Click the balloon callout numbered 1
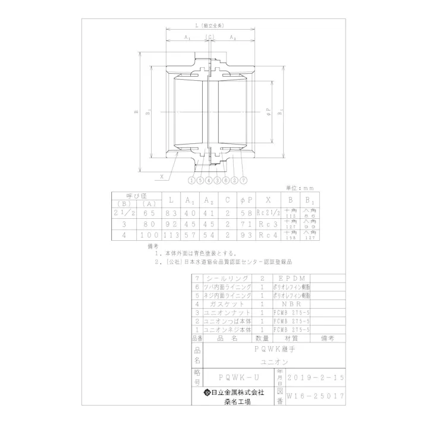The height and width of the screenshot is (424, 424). click(x=191, y=179)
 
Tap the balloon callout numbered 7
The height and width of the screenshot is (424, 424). click(x=243, y=179)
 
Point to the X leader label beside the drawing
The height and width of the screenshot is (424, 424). click(x=161, y=176)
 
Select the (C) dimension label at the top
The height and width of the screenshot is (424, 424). click(x=210, y=37)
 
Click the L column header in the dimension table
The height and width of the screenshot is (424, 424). click(x=171, y=200)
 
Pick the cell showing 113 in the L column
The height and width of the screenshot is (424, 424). click(x=171, y=235)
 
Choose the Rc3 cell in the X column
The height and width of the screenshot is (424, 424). click(x=268, y=224)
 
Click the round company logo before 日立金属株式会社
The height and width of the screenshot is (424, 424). click(x=207, y=392)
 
